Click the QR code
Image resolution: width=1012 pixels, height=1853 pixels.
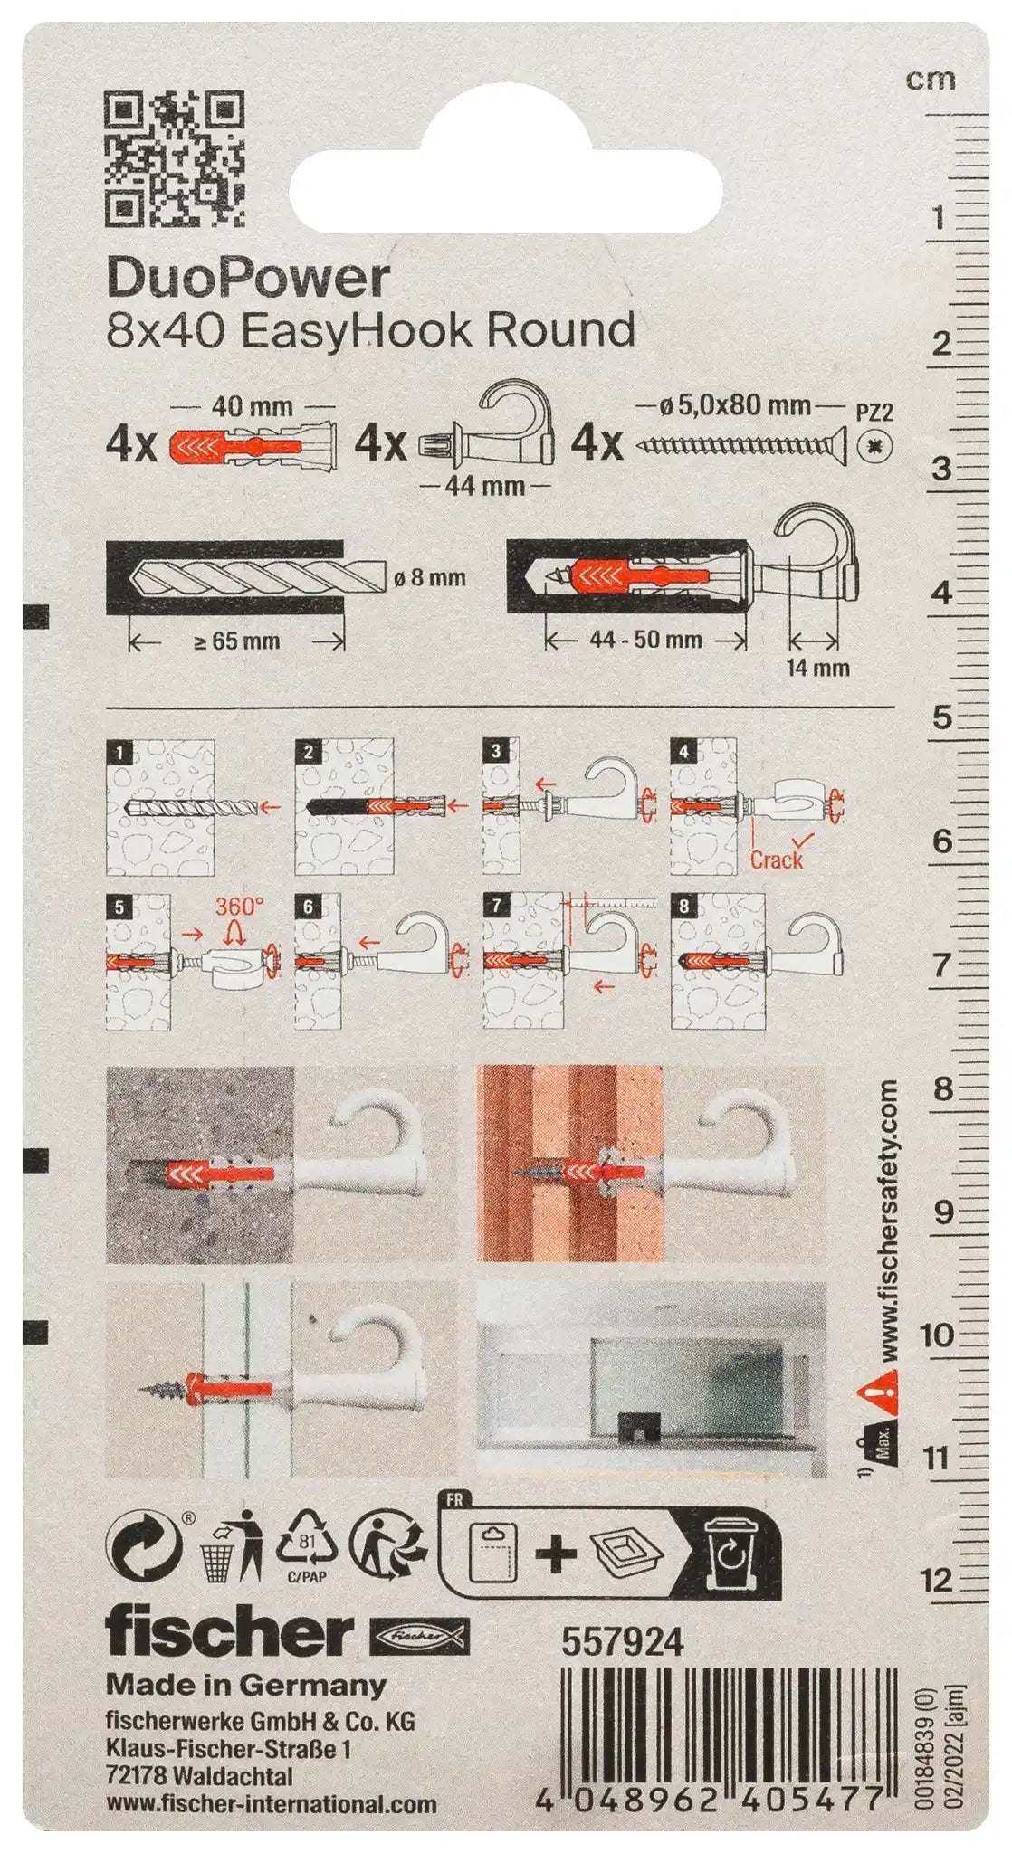176,159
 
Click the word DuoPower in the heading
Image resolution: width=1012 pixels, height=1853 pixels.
248,279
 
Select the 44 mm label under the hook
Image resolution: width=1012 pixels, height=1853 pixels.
485,486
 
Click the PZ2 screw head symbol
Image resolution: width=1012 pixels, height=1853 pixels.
874,446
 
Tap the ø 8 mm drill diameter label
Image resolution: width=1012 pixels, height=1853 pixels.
430,577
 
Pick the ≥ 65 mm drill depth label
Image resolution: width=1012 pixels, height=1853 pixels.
237,641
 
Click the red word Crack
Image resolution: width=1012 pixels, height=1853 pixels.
776,860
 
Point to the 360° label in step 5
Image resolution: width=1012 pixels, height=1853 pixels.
239,907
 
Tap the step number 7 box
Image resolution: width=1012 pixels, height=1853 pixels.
495,906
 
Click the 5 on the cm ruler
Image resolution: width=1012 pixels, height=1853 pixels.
942,717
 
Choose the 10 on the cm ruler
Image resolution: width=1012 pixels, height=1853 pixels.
937,1334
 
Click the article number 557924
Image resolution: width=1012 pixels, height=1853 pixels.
623,1641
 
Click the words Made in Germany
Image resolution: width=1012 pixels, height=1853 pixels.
246,1685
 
